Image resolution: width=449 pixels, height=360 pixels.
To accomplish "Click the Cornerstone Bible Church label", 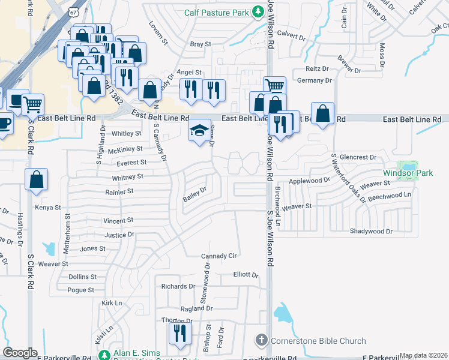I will pos(318,341).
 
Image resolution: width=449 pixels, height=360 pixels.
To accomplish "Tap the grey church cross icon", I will pos(261,341).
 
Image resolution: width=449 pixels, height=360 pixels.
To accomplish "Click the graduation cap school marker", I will pos(199,131).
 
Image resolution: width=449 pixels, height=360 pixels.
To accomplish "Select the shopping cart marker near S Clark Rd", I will pos(32,104).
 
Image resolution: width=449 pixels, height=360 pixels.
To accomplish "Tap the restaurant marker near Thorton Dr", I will pos(179,332).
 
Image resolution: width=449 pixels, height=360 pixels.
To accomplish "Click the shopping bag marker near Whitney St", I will pos(36,179).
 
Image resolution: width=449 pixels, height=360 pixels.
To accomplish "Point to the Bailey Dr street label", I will pos(194,194).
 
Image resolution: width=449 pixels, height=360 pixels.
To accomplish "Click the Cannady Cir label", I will pos(219,256).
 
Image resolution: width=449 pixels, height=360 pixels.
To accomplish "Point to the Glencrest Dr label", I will pos(357,157).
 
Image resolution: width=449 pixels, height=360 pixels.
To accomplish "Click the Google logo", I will pos(20,353).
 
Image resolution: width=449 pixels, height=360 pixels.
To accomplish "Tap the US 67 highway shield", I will pos(73,12).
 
